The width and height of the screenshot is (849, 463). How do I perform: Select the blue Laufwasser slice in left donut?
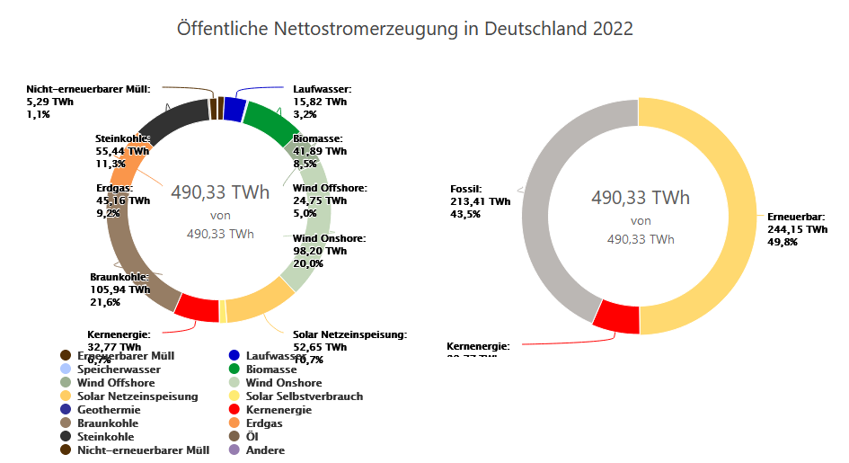pyautogui.click(x=234, y=109)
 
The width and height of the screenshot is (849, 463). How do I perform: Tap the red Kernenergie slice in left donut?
pyautogui.click(x=197, y=307)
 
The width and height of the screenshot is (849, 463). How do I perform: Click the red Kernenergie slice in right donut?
pyautogui.click(x=615, y=317)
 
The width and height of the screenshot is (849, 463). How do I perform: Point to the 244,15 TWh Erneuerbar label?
pyautogui.click(x=796, y=230)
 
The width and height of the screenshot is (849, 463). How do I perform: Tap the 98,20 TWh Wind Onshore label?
pyautogui.click(x=320, y=252)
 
